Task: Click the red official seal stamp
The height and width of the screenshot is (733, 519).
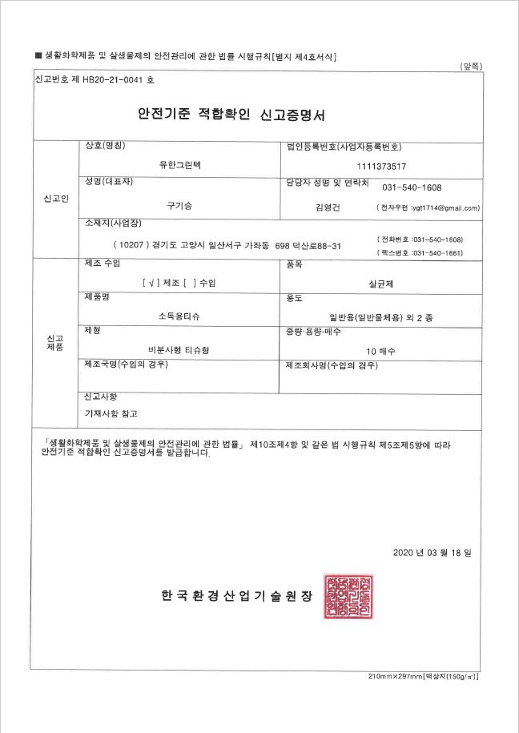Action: coord(348,598)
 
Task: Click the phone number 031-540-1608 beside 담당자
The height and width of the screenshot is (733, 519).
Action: coord(412,187)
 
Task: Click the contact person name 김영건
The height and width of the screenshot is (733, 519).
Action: coord(328,207)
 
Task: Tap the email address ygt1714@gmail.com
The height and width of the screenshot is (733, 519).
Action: coord(445,207)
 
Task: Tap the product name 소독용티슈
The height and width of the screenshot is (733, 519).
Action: coord(180,317)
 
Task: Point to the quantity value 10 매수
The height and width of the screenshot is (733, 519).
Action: coord(381,351)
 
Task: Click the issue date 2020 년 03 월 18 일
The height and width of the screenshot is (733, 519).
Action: coord(432,553)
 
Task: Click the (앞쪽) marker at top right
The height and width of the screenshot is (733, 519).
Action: coord(470,66)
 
